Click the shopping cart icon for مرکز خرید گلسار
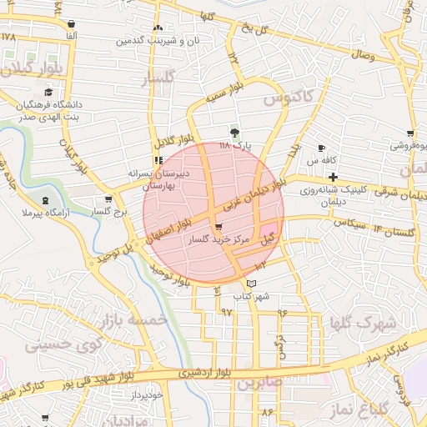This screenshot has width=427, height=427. pos(218,227)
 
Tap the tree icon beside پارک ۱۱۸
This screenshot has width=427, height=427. pos(234,132)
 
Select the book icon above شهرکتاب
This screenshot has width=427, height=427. pos(251,284)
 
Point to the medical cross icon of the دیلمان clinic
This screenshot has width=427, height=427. pos(333,177)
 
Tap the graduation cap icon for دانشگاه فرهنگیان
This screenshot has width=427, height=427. pos(48,92)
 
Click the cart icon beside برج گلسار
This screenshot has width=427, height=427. pos(108,199)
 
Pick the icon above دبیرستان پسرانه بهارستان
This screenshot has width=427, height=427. pos(158,160)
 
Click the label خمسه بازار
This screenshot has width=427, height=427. pos(133,321)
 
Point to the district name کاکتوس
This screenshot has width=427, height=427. pos(288,98)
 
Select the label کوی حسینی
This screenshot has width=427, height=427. pos(63,344)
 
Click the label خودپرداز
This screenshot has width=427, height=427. pos(158,394)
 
